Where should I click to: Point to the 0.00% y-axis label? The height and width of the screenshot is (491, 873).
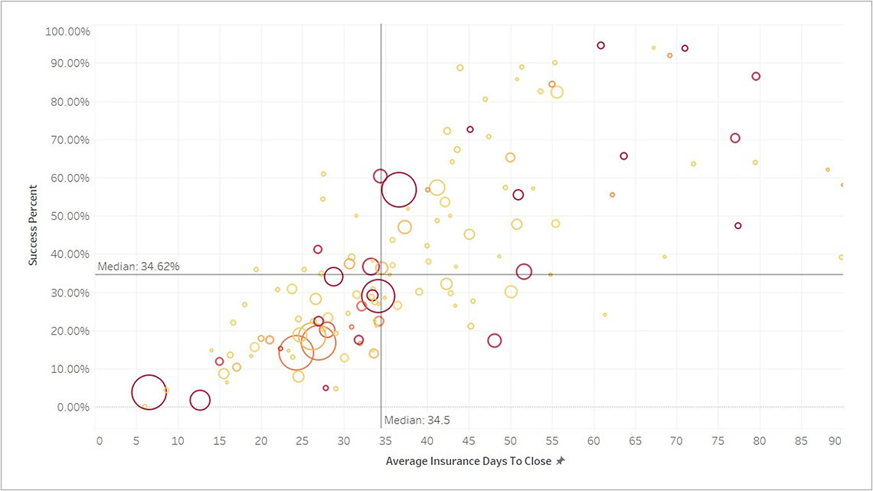pos(74,407)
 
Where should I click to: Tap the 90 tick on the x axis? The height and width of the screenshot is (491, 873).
pos(835,441)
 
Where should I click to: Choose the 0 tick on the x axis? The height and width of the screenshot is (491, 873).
pos(100,441)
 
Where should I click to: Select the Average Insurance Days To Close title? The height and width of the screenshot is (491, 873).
pos(469,461)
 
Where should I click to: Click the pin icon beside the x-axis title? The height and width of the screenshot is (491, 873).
pos(561,461)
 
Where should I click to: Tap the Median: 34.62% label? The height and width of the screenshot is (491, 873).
pos(139,267)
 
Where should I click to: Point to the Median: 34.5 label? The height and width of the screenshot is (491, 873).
pos(412,420)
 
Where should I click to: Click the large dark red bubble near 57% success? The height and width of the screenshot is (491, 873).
pos(399,190)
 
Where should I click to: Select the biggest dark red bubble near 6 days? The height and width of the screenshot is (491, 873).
pos(149,392)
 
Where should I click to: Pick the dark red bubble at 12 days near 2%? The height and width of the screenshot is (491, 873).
pos(200,400)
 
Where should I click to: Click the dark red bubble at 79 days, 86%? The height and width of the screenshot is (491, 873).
pos(756,77)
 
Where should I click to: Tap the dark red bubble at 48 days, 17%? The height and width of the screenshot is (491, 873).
pos(495,341)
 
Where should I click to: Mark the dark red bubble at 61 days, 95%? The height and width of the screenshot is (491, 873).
pos(601,45)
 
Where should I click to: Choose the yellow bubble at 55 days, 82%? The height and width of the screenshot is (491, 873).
pos(557,92)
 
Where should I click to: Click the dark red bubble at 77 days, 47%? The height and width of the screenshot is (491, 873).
pos(738,226)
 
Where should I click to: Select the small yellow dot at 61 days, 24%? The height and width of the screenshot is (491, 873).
pos(604,315)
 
